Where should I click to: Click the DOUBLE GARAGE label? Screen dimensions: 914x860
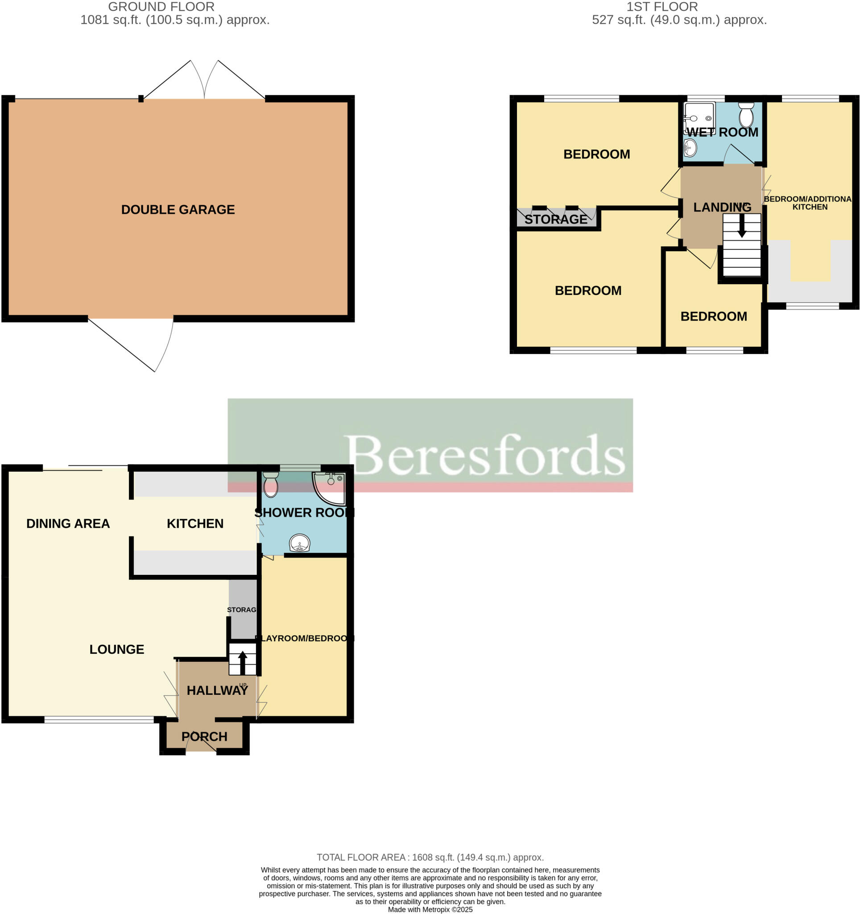[x=178, y=210]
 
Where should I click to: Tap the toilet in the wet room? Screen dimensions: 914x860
[x=746, y=116]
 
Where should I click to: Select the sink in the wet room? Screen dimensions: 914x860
[x=690, y=148]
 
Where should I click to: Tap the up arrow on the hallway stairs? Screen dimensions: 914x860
[x=243, y=662]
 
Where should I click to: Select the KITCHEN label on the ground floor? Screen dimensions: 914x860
[x=195, y=523]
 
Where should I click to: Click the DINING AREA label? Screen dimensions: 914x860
[x=68, y=523]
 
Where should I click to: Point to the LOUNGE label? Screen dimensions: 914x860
[x=117, y=649]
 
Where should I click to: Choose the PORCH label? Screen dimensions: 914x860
[x=204, y=736]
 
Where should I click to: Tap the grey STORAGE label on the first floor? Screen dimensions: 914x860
[x=556, y=219]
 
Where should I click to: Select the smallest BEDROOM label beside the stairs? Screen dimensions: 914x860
[x=713, y=316]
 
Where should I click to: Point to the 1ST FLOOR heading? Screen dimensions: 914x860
[x=662, y=7]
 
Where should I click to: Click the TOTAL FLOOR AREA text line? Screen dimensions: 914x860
[x=430, y=857]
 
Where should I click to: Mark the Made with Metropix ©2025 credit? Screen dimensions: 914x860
[x=430, y=910]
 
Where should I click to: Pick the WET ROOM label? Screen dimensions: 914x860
[x=722, y=133]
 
